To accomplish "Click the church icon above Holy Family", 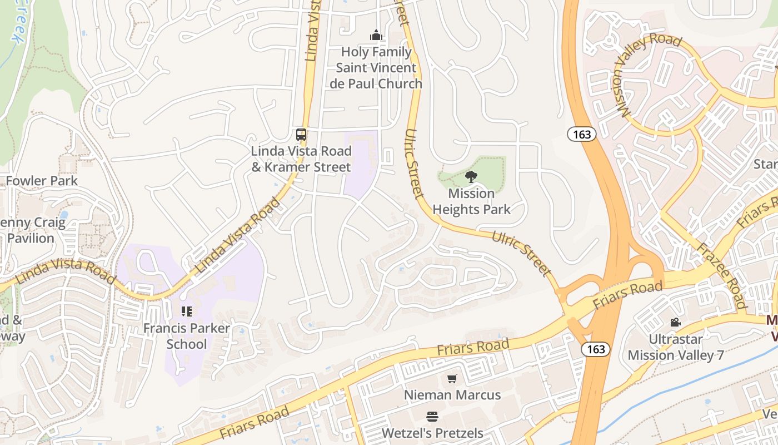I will (x=376, y=36).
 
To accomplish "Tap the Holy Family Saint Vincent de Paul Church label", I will (x=376, y=68).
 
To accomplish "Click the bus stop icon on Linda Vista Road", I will (x=301, y=135).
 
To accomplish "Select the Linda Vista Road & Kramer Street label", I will (x=301, y=159).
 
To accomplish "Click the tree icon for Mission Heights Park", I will (x=471, y=177).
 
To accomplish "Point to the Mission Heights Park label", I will (x=471, y=201).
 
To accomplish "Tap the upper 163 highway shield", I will (x=582, y=133).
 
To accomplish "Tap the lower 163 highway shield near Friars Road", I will (x=596, y=349).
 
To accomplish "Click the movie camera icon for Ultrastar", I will (x=675, y=323).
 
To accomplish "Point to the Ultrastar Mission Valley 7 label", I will (x=676, y=347).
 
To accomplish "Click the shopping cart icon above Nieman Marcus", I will (x=452, y=379).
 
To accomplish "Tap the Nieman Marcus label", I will (x=452, y=395).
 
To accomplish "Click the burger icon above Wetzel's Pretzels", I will (x=432, y=417).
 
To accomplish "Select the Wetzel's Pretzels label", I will (x=432, y=433).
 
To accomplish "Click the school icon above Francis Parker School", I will (x=186, y=311).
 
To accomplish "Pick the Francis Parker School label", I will (x=186, y=336).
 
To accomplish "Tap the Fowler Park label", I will (x=42, y=181).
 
